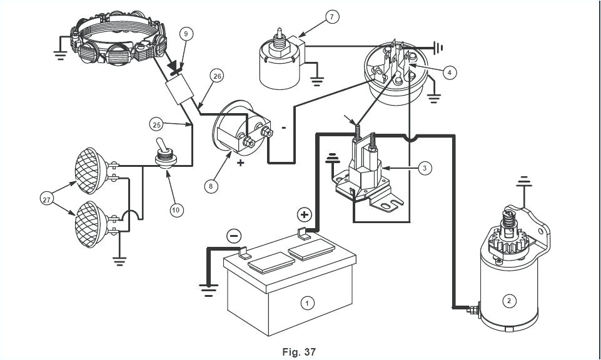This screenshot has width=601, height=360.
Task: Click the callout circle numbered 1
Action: coord(306,303)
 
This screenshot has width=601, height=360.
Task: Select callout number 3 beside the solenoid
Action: coord(425,168)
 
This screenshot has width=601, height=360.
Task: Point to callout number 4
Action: coord(448,72)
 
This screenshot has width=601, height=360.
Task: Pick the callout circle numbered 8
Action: coord(211,186)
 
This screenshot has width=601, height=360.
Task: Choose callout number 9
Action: coord(185,33)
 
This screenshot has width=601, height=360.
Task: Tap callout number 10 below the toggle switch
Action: coord(176,209)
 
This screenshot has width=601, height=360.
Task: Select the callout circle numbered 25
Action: coord(157,124)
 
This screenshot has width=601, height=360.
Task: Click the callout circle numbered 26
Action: coord(216,76)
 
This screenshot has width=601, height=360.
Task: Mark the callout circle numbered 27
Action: coord(48,200)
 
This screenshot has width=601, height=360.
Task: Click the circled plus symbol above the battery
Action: coord(304,215)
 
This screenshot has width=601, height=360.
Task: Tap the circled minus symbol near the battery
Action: coord(233,236)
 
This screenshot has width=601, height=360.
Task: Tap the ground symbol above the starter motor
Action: coord(523,183)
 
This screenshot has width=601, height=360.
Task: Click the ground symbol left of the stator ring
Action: coord(60,52)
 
